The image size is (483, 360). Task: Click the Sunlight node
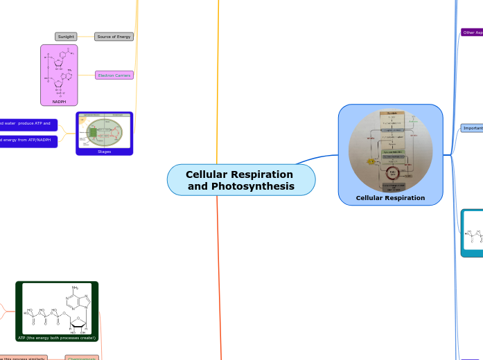66,37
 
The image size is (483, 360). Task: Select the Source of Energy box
114,37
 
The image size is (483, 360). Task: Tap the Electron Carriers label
114,75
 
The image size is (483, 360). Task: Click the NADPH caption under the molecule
59,102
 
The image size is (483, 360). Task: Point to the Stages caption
104,151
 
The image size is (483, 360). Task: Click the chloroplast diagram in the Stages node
104,131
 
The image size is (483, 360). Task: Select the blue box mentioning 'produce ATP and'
28,125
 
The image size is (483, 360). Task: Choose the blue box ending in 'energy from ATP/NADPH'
28,141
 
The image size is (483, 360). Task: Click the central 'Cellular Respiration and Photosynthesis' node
240,180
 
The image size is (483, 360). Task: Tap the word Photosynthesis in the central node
252,186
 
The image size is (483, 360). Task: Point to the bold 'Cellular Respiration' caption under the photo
390,198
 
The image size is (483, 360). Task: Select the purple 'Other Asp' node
471,32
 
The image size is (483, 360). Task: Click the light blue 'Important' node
472,128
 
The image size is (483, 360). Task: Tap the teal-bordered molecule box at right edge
473,233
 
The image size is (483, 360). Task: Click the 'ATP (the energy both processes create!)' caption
57,337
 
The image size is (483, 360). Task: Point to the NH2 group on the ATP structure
76,288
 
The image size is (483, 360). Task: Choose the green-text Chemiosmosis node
82,358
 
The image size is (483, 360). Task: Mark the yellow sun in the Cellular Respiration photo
371,161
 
